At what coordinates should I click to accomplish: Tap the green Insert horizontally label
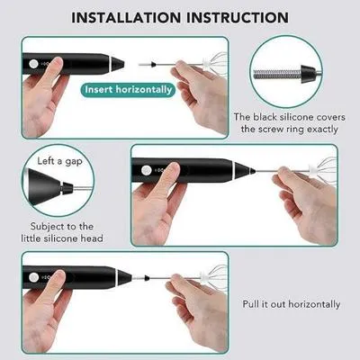130,89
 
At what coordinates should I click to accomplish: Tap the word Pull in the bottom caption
254,304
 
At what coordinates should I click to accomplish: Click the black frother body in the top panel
85,65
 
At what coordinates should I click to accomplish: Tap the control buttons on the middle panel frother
144,170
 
